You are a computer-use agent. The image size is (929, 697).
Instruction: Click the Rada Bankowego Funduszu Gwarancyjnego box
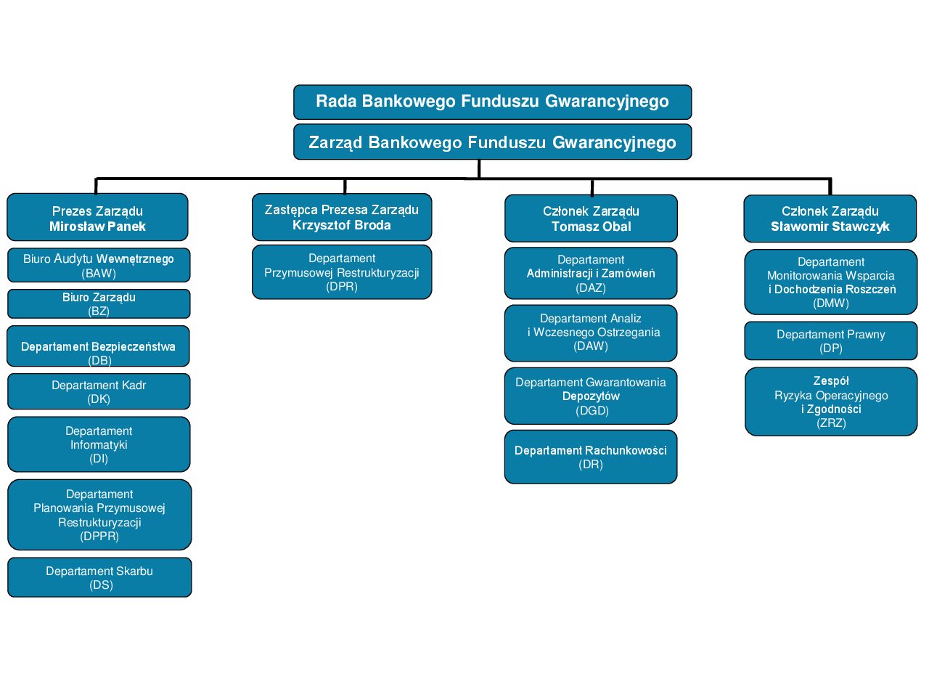pos(492,102)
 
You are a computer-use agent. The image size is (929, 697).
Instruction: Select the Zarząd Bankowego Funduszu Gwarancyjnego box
pos(492,142)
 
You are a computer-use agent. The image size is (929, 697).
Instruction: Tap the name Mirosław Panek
pos(97,227)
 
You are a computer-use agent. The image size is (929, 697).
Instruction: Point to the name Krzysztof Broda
pos(342,225)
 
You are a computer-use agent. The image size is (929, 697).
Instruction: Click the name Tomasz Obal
pos(591,227)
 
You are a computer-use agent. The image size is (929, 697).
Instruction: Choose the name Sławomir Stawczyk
pos(830,227)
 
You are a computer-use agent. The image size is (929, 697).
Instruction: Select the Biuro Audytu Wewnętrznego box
pos(99,265)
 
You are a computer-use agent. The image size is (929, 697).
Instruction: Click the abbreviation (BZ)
pos(99,311)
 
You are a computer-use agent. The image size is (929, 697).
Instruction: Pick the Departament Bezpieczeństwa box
pos(98,347)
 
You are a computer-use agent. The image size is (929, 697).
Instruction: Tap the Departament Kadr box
pos(99,391)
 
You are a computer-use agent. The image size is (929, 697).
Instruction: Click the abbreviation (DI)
pos(99,458)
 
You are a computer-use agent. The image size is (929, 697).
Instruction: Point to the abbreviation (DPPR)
pos(99,536)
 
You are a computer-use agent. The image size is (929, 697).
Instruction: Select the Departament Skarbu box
pos(99,577)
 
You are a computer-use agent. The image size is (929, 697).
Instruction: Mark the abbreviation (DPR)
pos(342,286)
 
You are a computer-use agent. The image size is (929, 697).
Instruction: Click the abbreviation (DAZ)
pos(591,288)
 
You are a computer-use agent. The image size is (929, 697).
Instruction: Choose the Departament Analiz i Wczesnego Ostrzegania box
pos(591,333)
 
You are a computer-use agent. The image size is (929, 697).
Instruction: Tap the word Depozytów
pos(591,396)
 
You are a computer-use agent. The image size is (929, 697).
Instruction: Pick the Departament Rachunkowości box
pos(591,457)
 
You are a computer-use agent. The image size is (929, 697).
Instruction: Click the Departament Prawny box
pos(831,341)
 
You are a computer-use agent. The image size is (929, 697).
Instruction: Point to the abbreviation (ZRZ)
pos(831,423)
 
